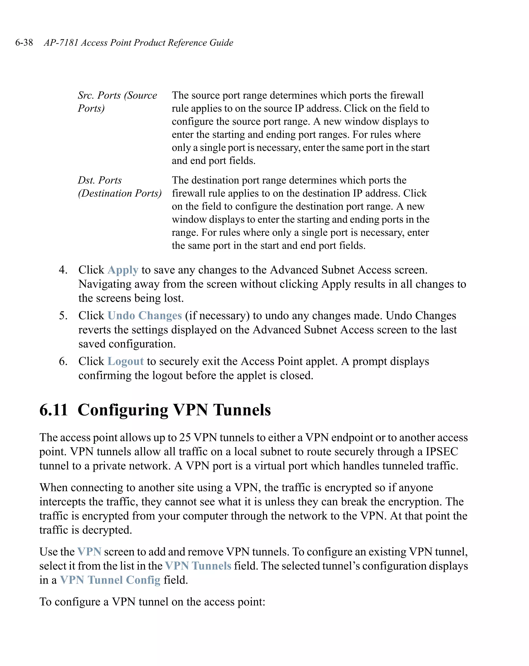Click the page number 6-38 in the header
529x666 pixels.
pyautogui.click(x=24, y=42)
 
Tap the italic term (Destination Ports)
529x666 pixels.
pyautogui.click(x=120, y=193)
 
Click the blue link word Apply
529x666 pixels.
pyautogui.click(x=123, y=270)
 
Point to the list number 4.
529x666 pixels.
pyautogui.click(x=63, y=270)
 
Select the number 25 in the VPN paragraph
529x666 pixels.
pyautogui.click(x=185, y=437)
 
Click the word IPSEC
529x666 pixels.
pyautogui.click(x=441, y=452)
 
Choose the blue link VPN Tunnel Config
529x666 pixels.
pyautogui.click(x=110, y=580)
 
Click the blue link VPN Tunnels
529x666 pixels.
pyautogui.click(x=198, y=566)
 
